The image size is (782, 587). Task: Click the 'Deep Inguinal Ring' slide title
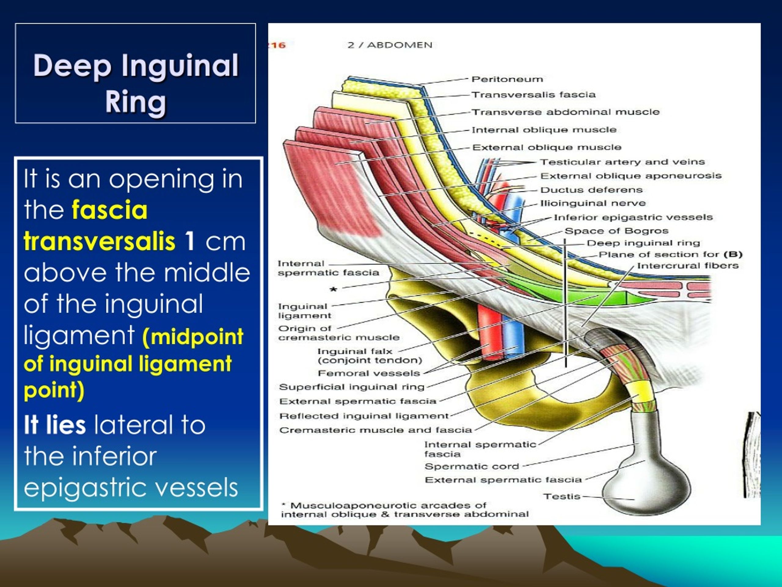click(136, 83)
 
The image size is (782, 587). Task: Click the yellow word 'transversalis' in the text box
click(99, 242)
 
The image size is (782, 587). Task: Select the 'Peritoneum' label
click(507, 79)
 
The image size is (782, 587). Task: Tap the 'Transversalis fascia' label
click(533, 95)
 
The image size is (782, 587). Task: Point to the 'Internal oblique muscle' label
click(544, 130)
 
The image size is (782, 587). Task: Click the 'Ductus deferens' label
click(591, 190)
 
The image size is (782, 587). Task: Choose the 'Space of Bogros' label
click(616, 231)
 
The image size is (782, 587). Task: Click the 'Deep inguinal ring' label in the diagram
click(643, 243)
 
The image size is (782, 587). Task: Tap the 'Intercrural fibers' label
click(688, 266)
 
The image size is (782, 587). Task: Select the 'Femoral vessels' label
click(368, 373)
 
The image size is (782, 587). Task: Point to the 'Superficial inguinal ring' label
click(351, 387)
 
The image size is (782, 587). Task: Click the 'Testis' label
click(562, 497)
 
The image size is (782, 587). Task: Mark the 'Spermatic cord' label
click(472, 466)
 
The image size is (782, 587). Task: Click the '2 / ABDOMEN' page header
click(389, 45)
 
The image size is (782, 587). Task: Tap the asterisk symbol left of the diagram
click(333, 290)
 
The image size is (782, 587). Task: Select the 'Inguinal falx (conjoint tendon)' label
click(369, 356)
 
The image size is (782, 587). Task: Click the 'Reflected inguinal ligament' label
click(364, 416)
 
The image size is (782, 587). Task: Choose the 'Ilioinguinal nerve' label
click(593, 203)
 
